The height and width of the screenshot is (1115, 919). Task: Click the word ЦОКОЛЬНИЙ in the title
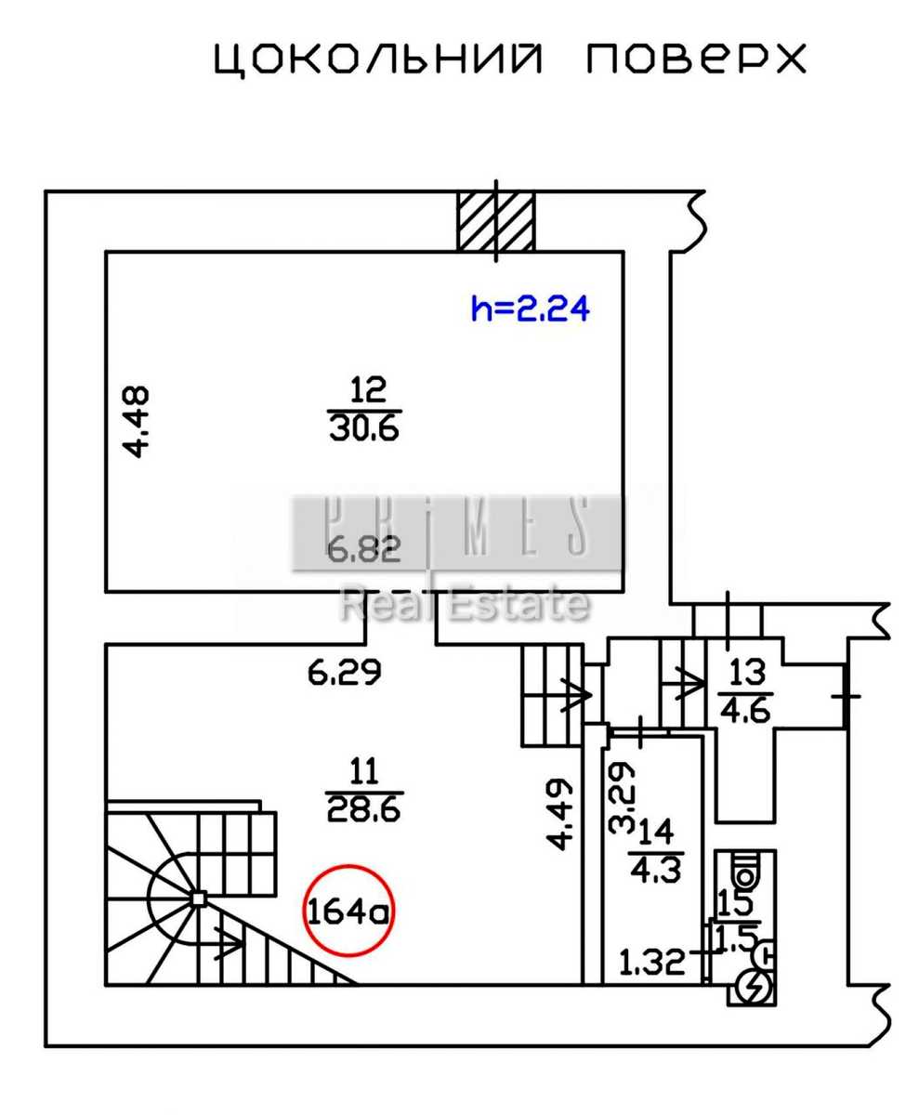click(378, 59)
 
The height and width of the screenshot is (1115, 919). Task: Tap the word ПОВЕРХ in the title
click(696, 59)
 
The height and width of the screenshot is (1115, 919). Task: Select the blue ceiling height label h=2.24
click(531, 308)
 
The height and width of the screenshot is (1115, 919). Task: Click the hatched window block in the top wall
click(495, 222)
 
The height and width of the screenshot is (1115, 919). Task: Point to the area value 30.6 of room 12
click(364, 428)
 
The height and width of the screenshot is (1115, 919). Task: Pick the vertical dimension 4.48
click(137, 421)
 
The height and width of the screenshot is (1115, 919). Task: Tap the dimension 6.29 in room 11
click(345, 673)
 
